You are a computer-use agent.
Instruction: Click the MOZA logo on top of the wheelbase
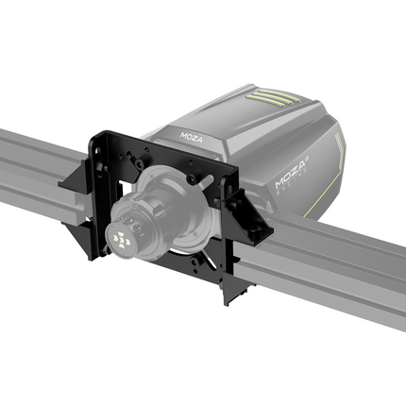192,136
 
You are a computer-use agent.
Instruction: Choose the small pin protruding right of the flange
203,178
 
